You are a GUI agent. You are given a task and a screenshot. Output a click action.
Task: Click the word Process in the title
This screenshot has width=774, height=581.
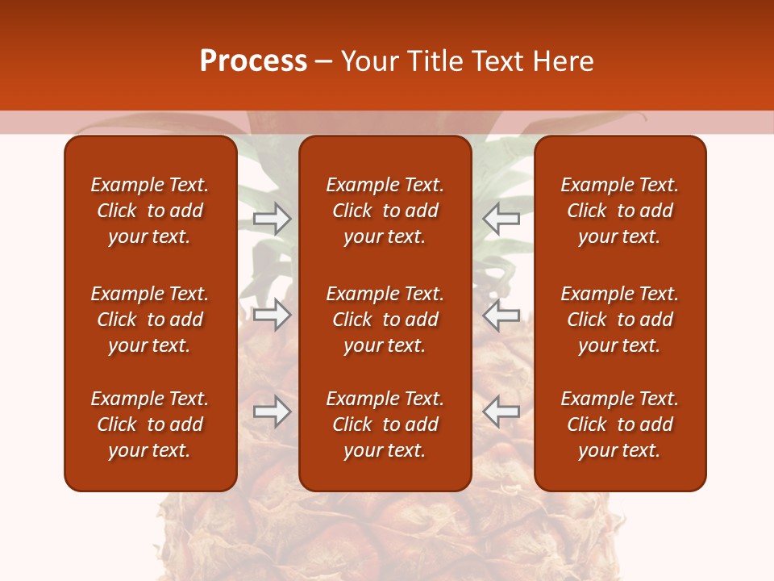253,61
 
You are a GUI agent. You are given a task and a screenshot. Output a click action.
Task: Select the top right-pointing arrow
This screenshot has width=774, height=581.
273,219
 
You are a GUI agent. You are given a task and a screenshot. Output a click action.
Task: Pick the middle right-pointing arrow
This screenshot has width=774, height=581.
273,316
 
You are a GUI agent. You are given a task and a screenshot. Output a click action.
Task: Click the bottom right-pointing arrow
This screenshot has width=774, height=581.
273,412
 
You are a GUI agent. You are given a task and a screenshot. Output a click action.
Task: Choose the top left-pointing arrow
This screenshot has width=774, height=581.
501,219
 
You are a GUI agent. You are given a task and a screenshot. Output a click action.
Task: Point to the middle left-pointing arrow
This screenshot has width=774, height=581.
501,316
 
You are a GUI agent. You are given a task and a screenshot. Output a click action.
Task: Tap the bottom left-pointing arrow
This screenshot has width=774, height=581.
501,412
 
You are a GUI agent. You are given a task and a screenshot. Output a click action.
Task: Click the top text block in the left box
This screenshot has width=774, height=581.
150,211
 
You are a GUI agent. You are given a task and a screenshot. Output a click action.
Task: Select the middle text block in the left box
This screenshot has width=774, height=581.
150,320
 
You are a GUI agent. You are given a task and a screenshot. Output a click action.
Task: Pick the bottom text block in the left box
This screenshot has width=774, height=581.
150,424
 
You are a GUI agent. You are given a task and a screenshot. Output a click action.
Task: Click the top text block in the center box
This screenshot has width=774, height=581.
385,211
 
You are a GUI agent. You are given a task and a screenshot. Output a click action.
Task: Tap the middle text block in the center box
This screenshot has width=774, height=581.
385,320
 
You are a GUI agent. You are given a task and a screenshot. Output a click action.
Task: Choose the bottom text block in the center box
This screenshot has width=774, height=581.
385,424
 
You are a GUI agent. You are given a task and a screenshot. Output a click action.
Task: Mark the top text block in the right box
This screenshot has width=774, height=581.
619,211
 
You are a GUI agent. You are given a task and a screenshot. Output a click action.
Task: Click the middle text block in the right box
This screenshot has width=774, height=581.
619,320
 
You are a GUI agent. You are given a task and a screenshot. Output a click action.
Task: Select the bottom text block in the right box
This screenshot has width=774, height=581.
619,424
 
